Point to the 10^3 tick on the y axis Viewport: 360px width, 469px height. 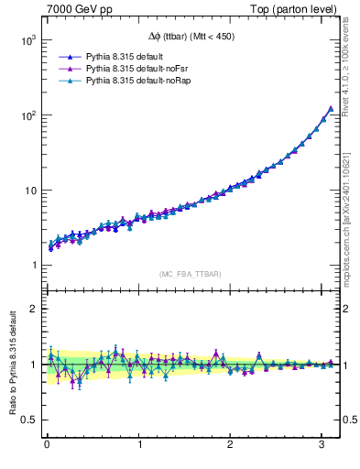[26, 41]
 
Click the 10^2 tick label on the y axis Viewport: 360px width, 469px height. [26, 116]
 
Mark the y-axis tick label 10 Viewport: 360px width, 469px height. [28, 191]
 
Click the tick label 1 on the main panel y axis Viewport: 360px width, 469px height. [31, 266]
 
